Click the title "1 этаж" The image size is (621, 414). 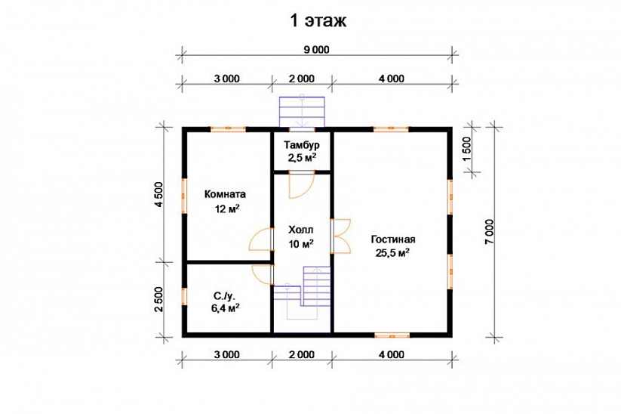(x=318, y=20)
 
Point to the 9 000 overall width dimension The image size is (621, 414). (x=316, y=50)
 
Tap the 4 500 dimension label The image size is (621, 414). (x=158, y=195)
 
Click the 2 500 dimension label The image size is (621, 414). (x=158, y=300)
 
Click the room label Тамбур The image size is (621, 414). (x=302, y=145)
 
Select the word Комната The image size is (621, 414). (x=225, y=194)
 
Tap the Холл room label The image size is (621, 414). (x=300, y=230)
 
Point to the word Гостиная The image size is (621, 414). (x=393, y=239)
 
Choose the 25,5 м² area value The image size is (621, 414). (x=392, y=252)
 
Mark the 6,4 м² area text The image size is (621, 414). (x=225, y=307)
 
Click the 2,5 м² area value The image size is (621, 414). (x=302, y=157)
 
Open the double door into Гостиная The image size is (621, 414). (x=340, y=236)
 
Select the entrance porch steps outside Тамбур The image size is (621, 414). (x=302, y=112)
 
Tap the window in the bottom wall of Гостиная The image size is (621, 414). (x=392, y=335)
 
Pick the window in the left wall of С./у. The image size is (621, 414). (x=184, y=296)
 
